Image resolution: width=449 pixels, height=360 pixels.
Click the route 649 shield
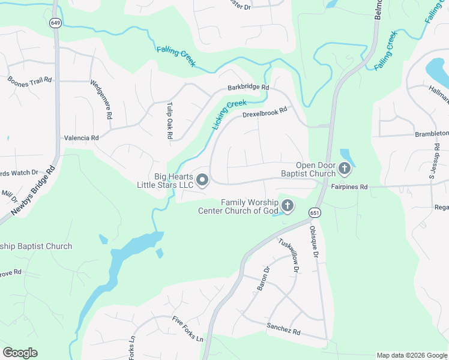(56, 23)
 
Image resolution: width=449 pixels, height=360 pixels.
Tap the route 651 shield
(315, 213)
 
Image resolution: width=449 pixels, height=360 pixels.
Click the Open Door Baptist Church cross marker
(345, 169)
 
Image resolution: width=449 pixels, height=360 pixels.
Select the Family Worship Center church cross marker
(288, 206)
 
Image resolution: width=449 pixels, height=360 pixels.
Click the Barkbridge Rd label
(248, 88)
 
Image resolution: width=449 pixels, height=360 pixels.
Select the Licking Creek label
(229, 115)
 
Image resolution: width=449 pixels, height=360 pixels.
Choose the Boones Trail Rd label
(30, 80)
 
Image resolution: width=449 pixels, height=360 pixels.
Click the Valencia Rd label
(82, 138)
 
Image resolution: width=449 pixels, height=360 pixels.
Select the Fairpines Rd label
(349, 187)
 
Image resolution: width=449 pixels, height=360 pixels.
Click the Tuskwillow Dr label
(288, 256)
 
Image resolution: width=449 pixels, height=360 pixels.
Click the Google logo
(20, 353)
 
